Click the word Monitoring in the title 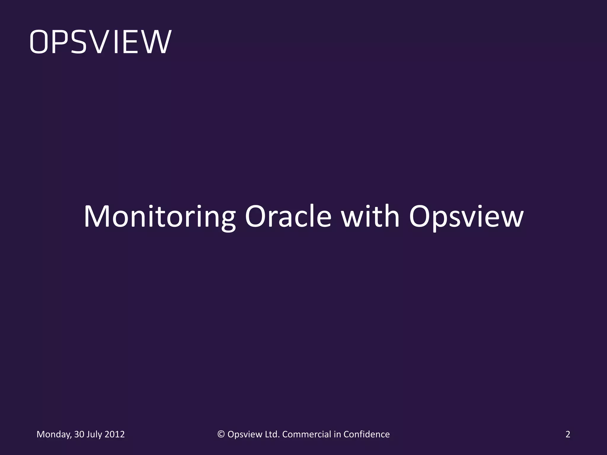(159, 217)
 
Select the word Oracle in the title (288, 217)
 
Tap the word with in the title (370, 217)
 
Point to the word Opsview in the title (466, 217)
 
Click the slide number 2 (568, 434)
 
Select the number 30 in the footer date (79, 434)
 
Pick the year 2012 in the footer (114, 434)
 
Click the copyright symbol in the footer (221, 434)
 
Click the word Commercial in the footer (306, 434)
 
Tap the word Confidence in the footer (366, 434)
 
